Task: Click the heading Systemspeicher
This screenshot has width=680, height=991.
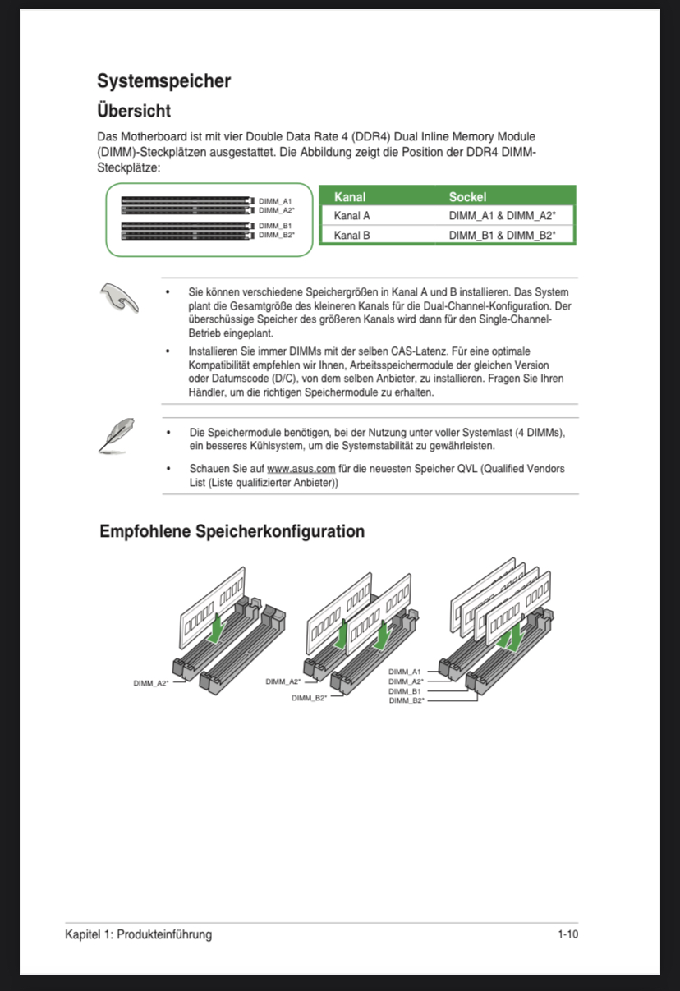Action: coord(163,81)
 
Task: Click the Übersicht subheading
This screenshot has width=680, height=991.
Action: coord(134,110)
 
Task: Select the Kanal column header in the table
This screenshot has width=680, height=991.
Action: coord(350,197)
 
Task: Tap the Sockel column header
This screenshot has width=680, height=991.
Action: coord(467,197)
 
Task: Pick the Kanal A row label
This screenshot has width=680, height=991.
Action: coord(351,216)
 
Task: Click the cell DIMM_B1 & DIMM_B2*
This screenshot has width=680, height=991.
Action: coord(502,236)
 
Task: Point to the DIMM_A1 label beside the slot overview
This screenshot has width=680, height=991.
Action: coord(275,200)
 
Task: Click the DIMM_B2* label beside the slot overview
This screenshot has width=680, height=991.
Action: coord(277,235)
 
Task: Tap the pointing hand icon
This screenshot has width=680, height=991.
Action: coord(119,297)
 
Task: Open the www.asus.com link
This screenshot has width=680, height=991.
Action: coord(301,469)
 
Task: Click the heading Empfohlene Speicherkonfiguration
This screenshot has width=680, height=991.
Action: coord(232,532)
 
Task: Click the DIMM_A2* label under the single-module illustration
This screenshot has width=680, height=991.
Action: coord(151,683)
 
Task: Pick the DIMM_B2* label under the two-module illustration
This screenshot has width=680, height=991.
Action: coord(309,698)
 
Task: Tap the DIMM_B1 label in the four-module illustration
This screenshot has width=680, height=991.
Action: coord(405,691)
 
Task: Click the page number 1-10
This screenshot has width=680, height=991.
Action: coord(568,934)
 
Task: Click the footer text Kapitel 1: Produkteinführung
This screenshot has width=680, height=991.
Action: coord(138,934)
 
